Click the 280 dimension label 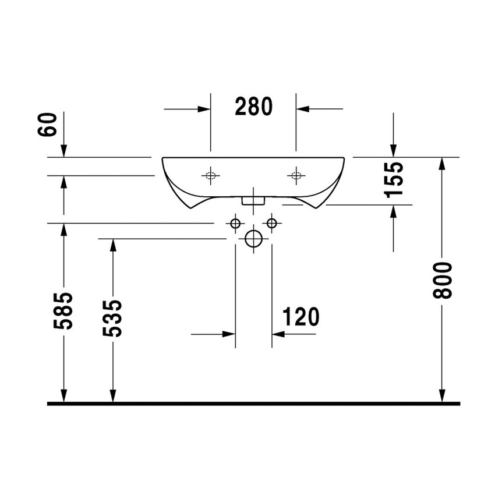pyautogui.click(x=254, y=107)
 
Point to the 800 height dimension pyautogui.click(x=443, y=281)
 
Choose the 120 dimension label pyautogui.click(x=301, y=317)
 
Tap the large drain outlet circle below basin pyautogui.click(x=253, y=239)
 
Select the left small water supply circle pyautogui.click(x=235, y=223)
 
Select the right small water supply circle pyautogui.click(x=271, y=223)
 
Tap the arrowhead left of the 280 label pyautogui.click(x=203, y=108)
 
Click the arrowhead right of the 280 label pyautogui.click(x=303, y=108)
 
